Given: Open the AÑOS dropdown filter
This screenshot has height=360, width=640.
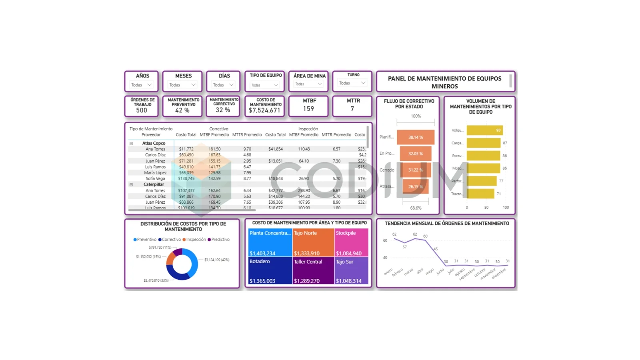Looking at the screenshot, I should [142, 85].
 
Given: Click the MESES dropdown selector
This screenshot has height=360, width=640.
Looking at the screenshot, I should [182, 85].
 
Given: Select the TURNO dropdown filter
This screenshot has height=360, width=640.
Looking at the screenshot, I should [352, 83].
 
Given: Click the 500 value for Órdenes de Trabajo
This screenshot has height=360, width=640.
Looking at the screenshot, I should [142, 110].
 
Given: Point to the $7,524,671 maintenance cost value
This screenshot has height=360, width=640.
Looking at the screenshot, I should [264, 110].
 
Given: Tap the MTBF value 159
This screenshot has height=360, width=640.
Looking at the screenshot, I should [308, 109].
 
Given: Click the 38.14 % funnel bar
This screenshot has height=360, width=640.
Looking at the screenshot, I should [416, 137].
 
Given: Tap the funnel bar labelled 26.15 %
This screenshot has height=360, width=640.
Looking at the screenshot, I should [416, 186].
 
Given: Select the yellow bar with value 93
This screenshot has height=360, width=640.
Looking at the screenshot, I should [484, 130].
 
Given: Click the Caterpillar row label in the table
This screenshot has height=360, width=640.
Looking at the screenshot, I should [154, 184].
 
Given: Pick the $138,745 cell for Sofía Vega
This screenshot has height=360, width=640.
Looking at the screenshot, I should [186, 178].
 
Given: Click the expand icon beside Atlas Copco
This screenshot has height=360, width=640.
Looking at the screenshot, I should [131, 143].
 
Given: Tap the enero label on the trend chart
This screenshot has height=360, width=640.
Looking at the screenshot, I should [388, 272].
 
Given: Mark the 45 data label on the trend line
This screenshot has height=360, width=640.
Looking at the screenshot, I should [436, 249].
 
